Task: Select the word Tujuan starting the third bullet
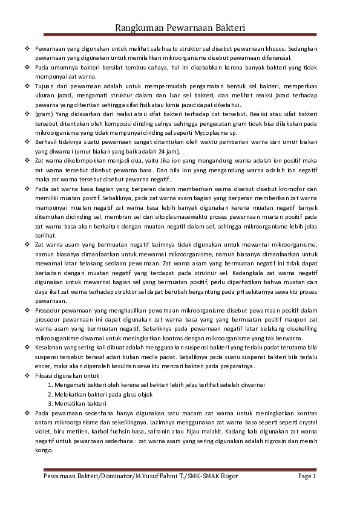pos(45,87)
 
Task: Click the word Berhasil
pos(47,141)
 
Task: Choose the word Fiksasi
pos(45,376)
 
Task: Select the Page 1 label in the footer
pos(307,476)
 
